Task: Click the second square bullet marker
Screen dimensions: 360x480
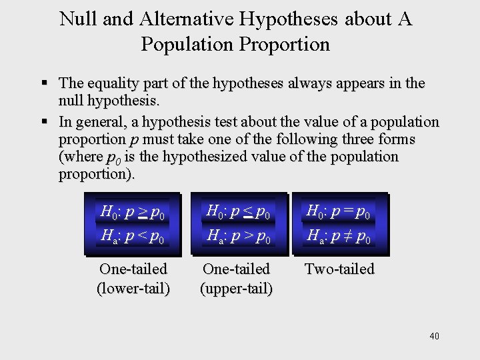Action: pyautogui.click(x=45, y=123)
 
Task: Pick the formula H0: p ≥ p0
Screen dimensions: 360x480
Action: pyautogui.click(x=133, y=213)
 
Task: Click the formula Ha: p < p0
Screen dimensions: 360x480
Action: pyautogui.click(x=133, y=235)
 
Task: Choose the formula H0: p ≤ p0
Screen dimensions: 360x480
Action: pyautogui.click(x=239, y=213)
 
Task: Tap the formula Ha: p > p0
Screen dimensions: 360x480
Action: pyautogui.click(x=239, y=235)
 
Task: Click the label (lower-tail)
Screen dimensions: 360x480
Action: pyautogui.click(x=133, y=289)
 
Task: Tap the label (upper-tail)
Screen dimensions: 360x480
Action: pyautogui.click(x=237, y=289)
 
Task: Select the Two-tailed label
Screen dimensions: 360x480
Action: pyautogui.click(x=339, y=269)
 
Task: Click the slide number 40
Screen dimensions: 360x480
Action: pyautogui.click(x=435, y=336)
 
